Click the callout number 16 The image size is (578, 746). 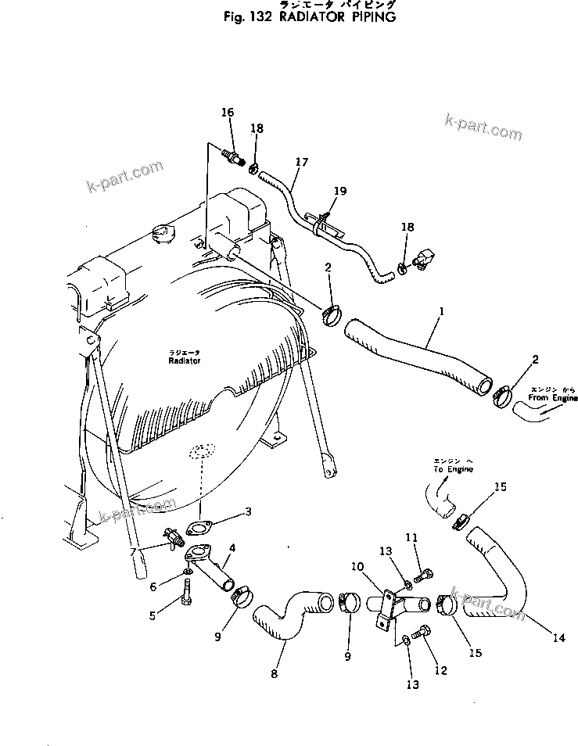point(228,113)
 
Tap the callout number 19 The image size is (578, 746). point(339,190)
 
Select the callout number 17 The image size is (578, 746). point(302,162)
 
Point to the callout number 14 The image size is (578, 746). point(558,638)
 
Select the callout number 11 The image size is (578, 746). point(411,538)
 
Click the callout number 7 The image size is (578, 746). point(134,552)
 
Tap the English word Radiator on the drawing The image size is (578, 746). point(184,361)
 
